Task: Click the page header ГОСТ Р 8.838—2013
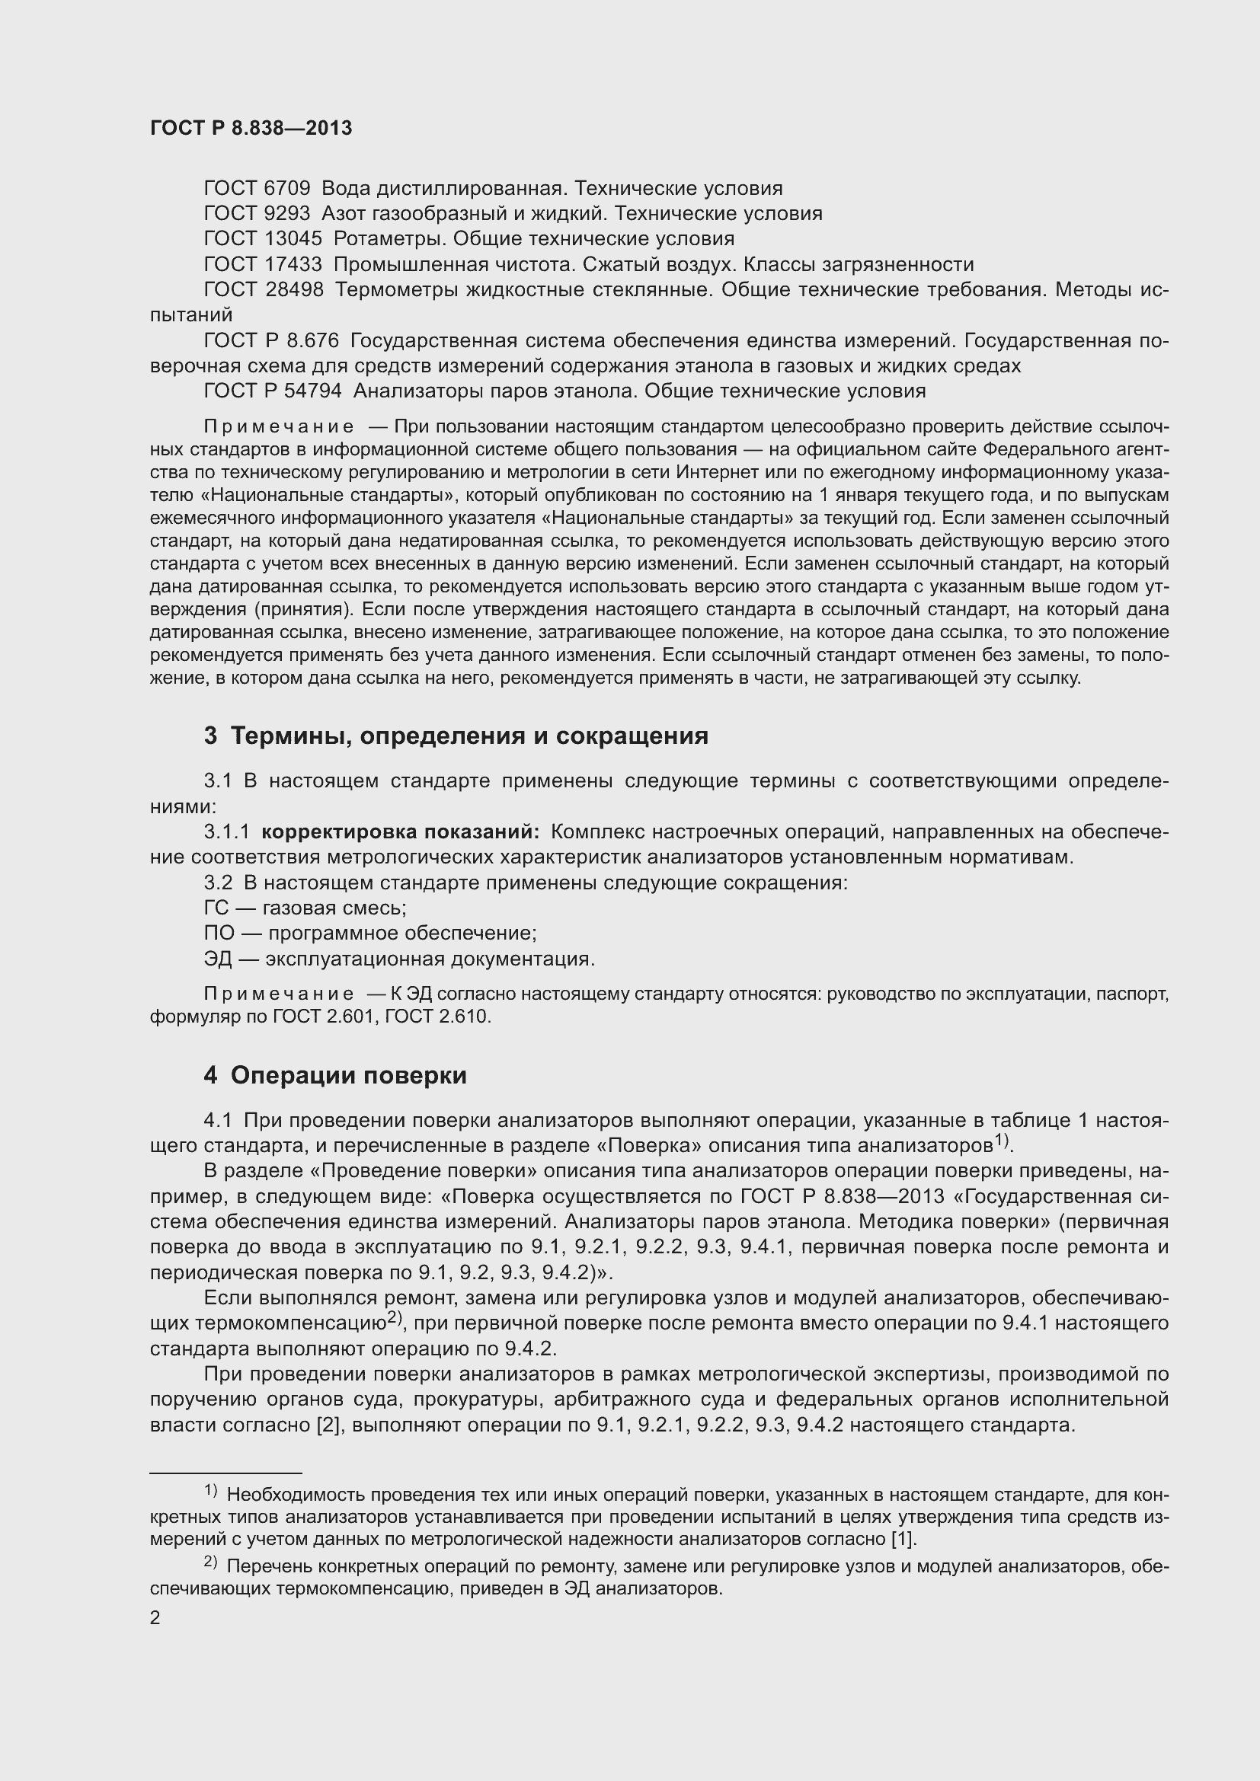point(251,129)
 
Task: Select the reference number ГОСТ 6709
point(257,189)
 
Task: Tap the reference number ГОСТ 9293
point(257,213)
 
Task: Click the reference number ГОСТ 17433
point(262,264)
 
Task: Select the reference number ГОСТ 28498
point(263,290)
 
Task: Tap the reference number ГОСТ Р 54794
point(272,391)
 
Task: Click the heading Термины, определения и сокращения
point(469,736)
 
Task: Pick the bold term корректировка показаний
point(400,832)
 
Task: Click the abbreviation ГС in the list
point(216,908)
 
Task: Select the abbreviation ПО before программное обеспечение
point(219,934)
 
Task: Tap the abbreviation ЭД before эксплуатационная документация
point(218,959)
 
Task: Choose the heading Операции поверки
point(348,1076)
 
